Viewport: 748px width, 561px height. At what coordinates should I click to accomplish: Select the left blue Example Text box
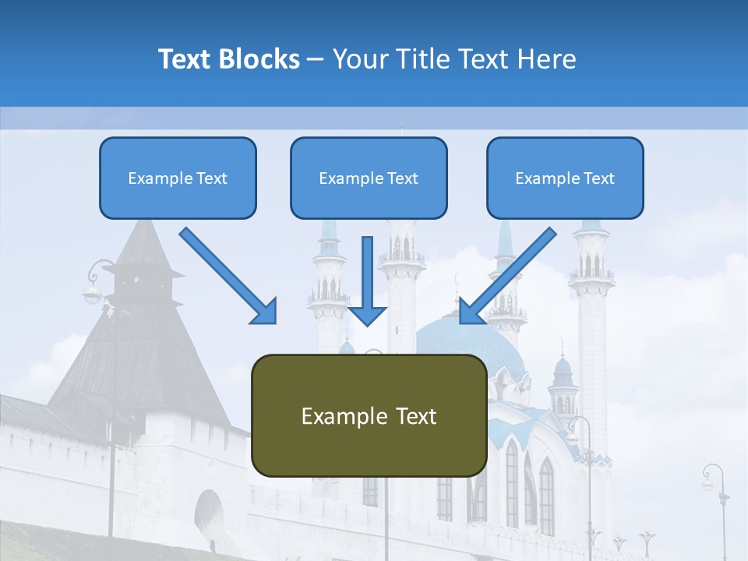tap(178, 178)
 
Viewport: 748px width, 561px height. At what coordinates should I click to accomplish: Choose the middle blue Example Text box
tap(369, 178)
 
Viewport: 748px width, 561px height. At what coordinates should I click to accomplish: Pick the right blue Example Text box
tap(565, 178)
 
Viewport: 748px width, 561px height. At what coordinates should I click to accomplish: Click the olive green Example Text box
tap(369, 415)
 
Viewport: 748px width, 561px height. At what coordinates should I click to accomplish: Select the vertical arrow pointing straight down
tap(367, 280)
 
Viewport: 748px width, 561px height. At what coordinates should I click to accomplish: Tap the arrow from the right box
tap(507, 276)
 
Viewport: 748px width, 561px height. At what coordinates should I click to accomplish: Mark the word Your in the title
tap(360, 59)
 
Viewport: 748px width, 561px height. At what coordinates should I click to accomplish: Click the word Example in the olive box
tap(334, 415)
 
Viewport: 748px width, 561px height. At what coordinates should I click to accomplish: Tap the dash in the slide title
tap(316, 59)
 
